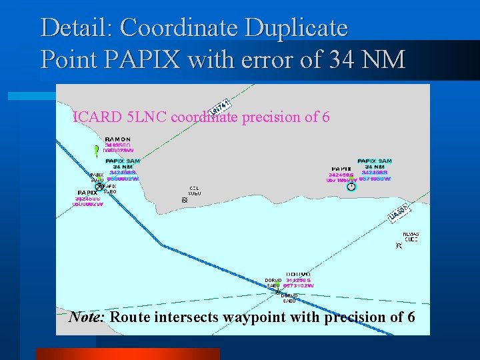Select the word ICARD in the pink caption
tap(94, 117)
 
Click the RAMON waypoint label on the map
tap(117, 139)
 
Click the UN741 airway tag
tap(219, 106)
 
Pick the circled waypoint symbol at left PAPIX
tap(99, 186)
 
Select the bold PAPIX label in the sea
tap(87, 193)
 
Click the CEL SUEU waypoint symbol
tap(185, 199)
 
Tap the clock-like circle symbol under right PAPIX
tap(351, 187)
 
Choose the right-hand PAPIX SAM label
tap(375, 161)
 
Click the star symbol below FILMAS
tap(399, 246)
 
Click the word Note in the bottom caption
tap(85, 317)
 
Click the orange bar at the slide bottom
tap(127, 353)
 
